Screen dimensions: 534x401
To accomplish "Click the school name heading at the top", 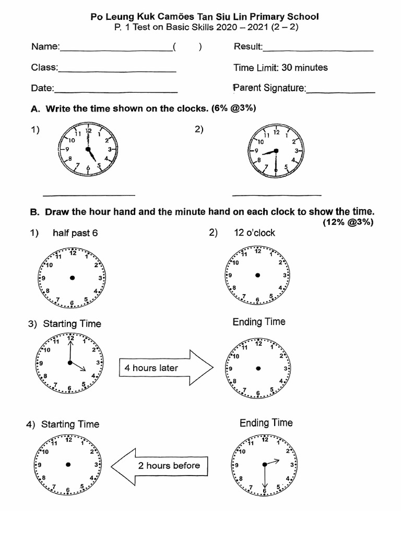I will (204, 17).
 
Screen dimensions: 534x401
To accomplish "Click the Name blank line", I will (116, 51).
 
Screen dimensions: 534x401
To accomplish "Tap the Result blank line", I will (318, 51).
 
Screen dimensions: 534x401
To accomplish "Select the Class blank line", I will (117, 71).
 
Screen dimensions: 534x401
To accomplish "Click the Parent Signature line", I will (340, 92).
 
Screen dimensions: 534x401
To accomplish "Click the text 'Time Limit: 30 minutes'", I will (280, 68).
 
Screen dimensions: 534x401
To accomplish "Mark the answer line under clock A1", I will (88, 195).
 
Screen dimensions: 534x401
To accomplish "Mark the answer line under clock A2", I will (276, 195).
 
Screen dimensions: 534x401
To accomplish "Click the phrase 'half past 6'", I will (75, 233).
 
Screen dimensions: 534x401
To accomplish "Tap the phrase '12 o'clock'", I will (254, 233).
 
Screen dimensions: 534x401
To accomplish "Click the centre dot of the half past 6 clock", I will (73, 277).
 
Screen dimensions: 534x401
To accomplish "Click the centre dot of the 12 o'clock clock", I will (257, 275).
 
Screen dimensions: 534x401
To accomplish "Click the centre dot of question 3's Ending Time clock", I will (257, 368).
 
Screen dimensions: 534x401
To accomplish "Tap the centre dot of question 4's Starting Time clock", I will (68, 464).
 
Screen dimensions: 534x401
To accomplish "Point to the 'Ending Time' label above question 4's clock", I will (266, 423).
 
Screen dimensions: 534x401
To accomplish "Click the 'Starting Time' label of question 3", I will (72, 324).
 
